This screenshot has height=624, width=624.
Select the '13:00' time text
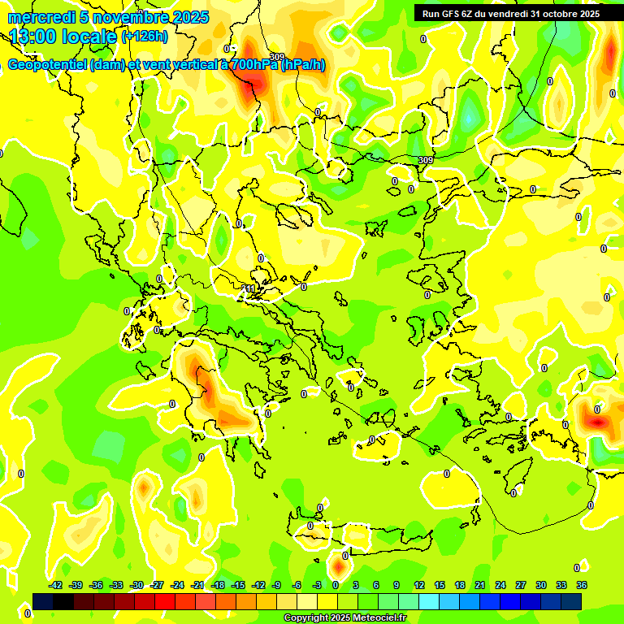click(x=32, y=37)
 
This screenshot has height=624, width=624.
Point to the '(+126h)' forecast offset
click(x=145, y=36)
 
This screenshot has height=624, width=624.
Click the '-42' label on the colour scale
click(x=55, y=585)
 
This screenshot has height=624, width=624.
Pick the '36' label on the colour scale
click(x=582, y=585)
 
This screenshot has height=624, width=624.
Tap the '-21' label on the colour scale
click(x=197, y=585)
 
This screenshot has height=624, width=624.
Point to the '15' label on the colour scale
click(x=440, y=585)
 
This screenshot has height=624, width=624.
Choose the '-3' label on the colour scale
click(x=317, y=585)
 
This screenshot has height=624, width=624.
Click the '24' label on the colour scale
click(x=500, y=585)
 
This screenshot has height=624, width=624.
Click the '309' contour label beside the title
click(x=277, y=57)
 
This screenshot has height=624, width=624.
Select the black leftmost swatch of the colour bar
click(x=43, y=601)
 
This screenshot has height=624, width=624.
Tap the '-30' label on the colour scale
click(x=136, y=585)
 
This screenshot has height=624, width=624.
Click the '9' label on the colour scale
click(x=396, y=585)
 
